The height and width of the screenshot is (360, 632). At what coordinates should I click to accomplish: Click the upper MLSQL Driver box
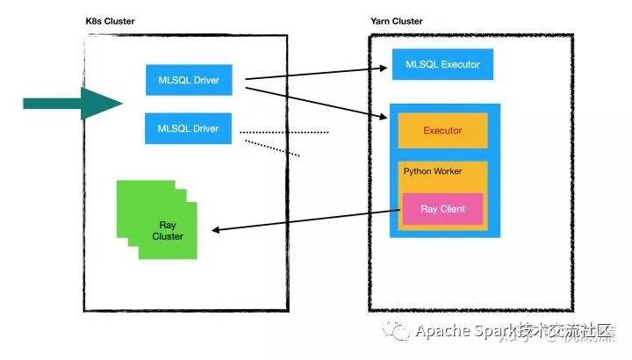pyautogui.click(x=188, y=81)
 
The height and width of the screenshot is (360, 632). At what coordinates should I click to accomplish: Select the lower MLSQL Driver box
pyautogui.click(x=188, y=129)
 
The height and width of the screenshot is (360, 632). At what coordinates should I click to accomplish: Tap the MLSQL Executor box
pyautogui.click(x=442, y=64)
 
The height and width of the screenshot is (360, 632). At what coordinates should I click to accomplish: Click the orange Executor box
pyautogui.click(x=442, y=131)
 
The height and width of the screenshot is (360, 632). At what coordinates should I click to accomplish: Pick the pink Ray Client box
pyautogui.click(x=442, y=209)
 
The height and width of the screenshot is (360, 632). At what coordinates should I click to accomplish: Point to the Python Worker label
pyautogui.click(x=433, y=170)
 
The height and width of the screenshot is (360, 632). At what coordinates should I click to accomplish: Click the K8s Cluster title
pyautogui.click(x=111, y=21)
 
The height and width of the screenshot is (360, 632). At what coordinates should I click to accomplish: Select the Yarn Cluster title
pyautogui.click(x=397, y=21)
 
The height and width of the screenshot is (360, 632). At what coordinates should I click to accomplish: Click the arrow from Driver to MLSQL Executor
pyautogui.click(x=316, y=73)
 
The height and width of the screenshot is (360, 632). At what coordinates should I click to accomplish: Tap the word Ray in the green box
pyautogui.click(x=167, y=226)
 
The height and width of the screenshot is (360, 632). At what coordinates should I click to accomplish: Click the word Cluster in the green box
pyautogui.click(x=167, y=237)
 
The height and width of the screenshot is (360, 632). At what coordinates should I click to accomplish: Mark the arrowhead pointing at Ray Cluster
pyautogui.click(x=219, y=230)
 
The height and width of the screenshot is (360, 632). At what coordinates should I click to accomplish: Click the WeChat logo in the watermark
pyautogui.click(x=400, y=332)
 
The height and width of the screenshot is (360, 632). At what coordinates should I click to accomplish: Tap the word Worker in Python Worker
pyautogui.click(x=448, y=170)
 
